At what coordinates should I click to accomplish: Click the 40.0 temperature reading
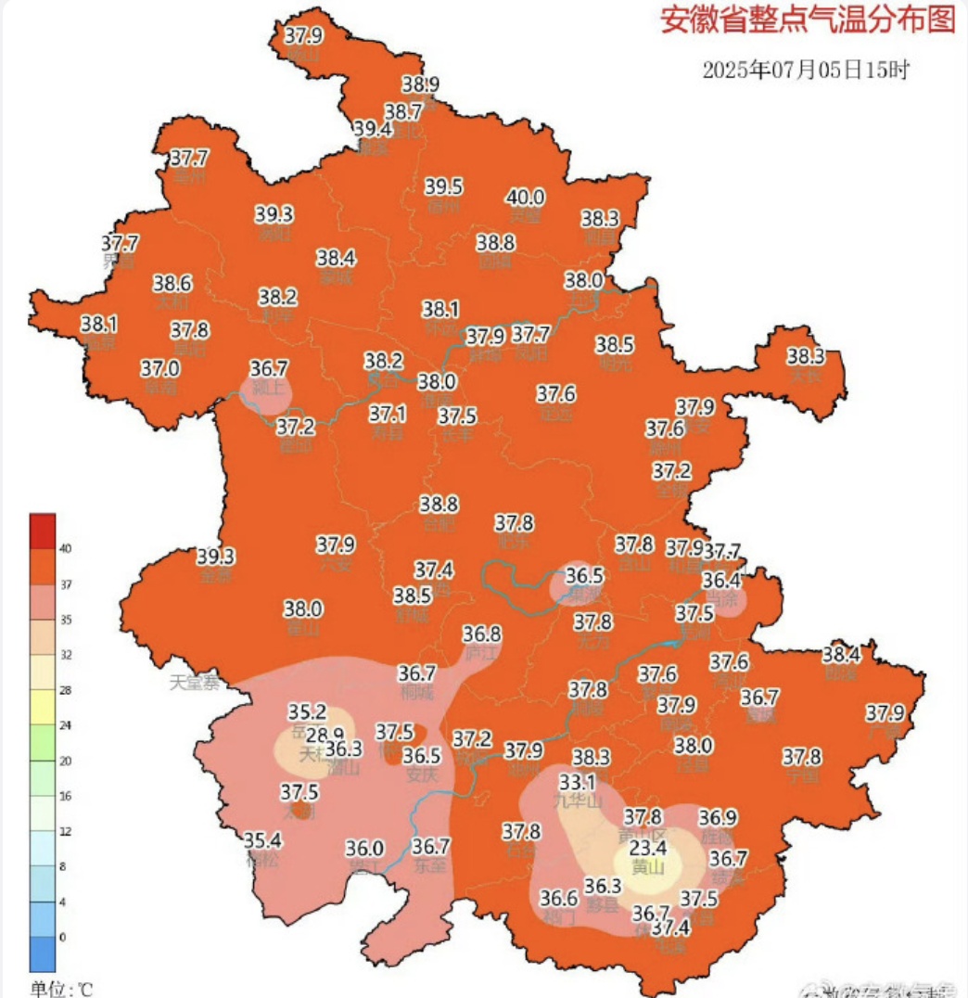[x=526, y=198]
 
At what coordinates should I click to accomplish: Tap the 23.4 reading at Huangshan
[x=649, y=849]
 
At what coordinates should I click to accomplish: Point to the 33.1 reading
[x=577, y=781]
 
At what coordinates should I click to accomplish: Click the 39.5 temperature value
[x=445, y=186]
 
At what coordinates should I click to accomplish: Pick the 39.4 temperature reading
[x=373, y=129]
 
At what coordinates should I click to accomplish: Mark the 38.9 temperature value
[x=421, y=84]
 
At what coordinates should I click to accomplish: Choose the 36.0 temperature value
[x=364, y=848]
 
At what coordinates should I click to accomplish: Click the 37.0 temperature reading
[x=160, y=368]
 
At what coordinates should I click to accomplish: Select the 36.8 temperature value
[x=482, y=634]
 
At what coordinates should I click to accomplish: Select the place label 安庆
[x=421, y=777]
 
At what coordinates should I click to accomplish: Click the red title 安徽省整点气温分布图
[x=807, y=20]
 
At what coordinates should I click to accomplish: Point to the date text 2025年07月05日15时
[x=806, y=70]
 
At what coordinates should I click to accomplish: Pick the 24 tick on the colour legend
[x=65, y=726]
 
